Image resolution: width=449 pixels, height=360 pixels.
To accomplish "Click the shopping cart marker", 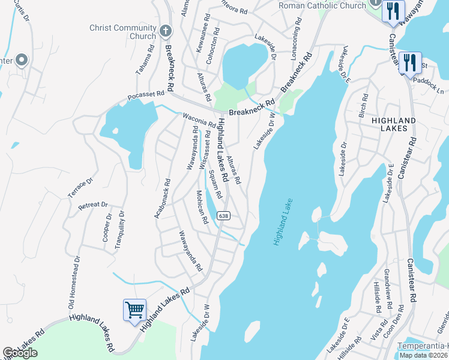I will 134,310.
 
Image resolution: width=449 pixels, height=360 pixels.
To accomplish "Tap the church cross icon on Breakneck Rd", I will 166,29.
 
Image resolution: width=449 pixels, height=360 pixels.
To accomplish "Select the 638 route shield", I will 223,216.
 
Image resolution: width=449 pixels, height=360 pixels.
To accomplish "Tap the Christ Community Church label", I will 122,32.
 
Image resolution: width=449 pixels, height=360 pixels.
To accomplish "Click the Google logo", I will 20,353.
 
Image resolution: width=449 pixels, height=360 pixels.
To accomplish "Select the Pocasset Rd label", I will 146,97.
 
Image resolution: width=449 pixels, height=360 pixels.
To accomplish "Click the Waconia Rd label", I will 199,121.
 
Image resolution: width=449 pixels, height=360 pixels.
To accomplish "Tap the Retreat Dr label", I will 92,206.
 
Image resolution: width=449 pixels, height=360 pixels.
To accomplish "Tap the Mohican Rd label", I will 202,207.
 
